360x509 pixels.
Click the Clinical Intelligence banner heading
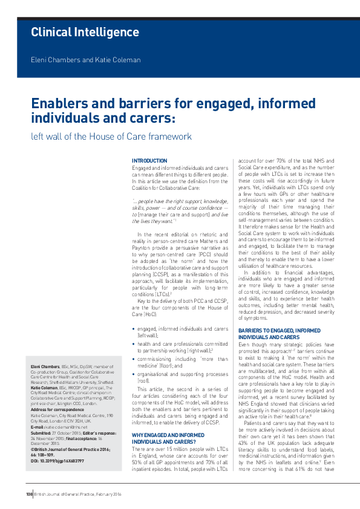pyautogui.click(x=85, y=32)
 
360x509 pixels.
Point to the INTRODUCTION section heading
pyautogui.click(x=149, y=161)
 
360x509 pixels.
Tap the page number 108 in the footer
pyautogui.click(x=28, y=494)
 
